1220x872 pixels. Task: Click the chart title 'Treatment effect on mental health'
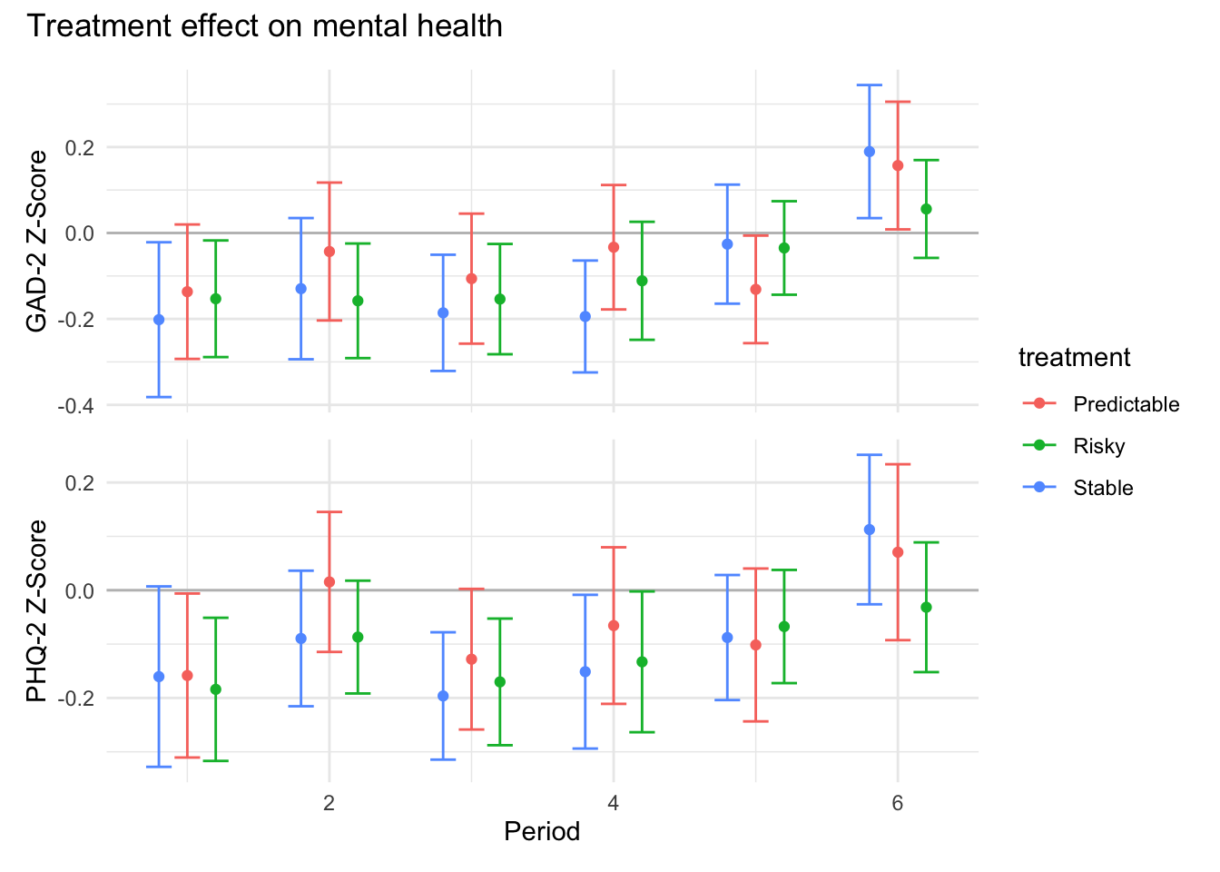[x=264, y=26]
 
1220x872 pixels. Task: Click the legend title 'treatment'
[x=1074, y=358]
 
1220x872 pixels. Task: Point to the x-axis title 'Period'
[x=542, y=831]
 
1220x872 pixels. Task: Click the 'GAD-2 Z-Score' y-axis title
[x=37, y=242]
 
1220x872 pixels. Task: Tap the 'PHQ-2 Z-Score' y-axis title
[x=37, y=610]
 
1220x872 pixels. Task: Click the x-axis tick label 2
[x=329, y=803]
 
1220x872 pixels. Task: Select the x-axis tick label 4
[x=614, y=803]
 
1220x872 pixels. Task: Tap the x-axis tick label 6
[x=898, y=803]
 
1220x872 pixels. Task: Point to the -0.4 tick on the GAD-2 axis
[x=75, y=406]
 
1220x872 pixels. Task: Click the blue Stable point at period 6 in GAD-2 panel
[x=870, y=152]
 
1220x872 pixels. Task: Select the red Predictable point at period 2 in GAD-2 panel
[x=330, y=252]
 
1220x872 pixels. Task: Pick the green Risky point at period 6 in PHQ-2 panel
[x=926, y=607]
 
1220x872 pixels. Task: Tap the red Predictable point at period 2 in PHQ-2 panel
[x=330, y=582]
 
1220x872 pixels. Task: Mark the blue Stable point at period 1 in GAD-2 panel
[x=159, y=320]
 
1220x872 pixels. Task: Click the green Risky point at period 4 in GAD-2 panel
[x=642, y=281]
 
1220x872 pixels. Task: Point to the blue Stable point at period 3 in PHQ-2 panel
[x=443, y=697]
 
